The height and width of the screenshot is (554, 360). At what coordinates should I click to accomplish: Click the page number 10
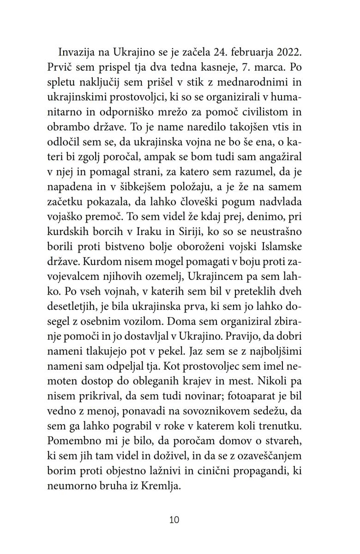(174, 520)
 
